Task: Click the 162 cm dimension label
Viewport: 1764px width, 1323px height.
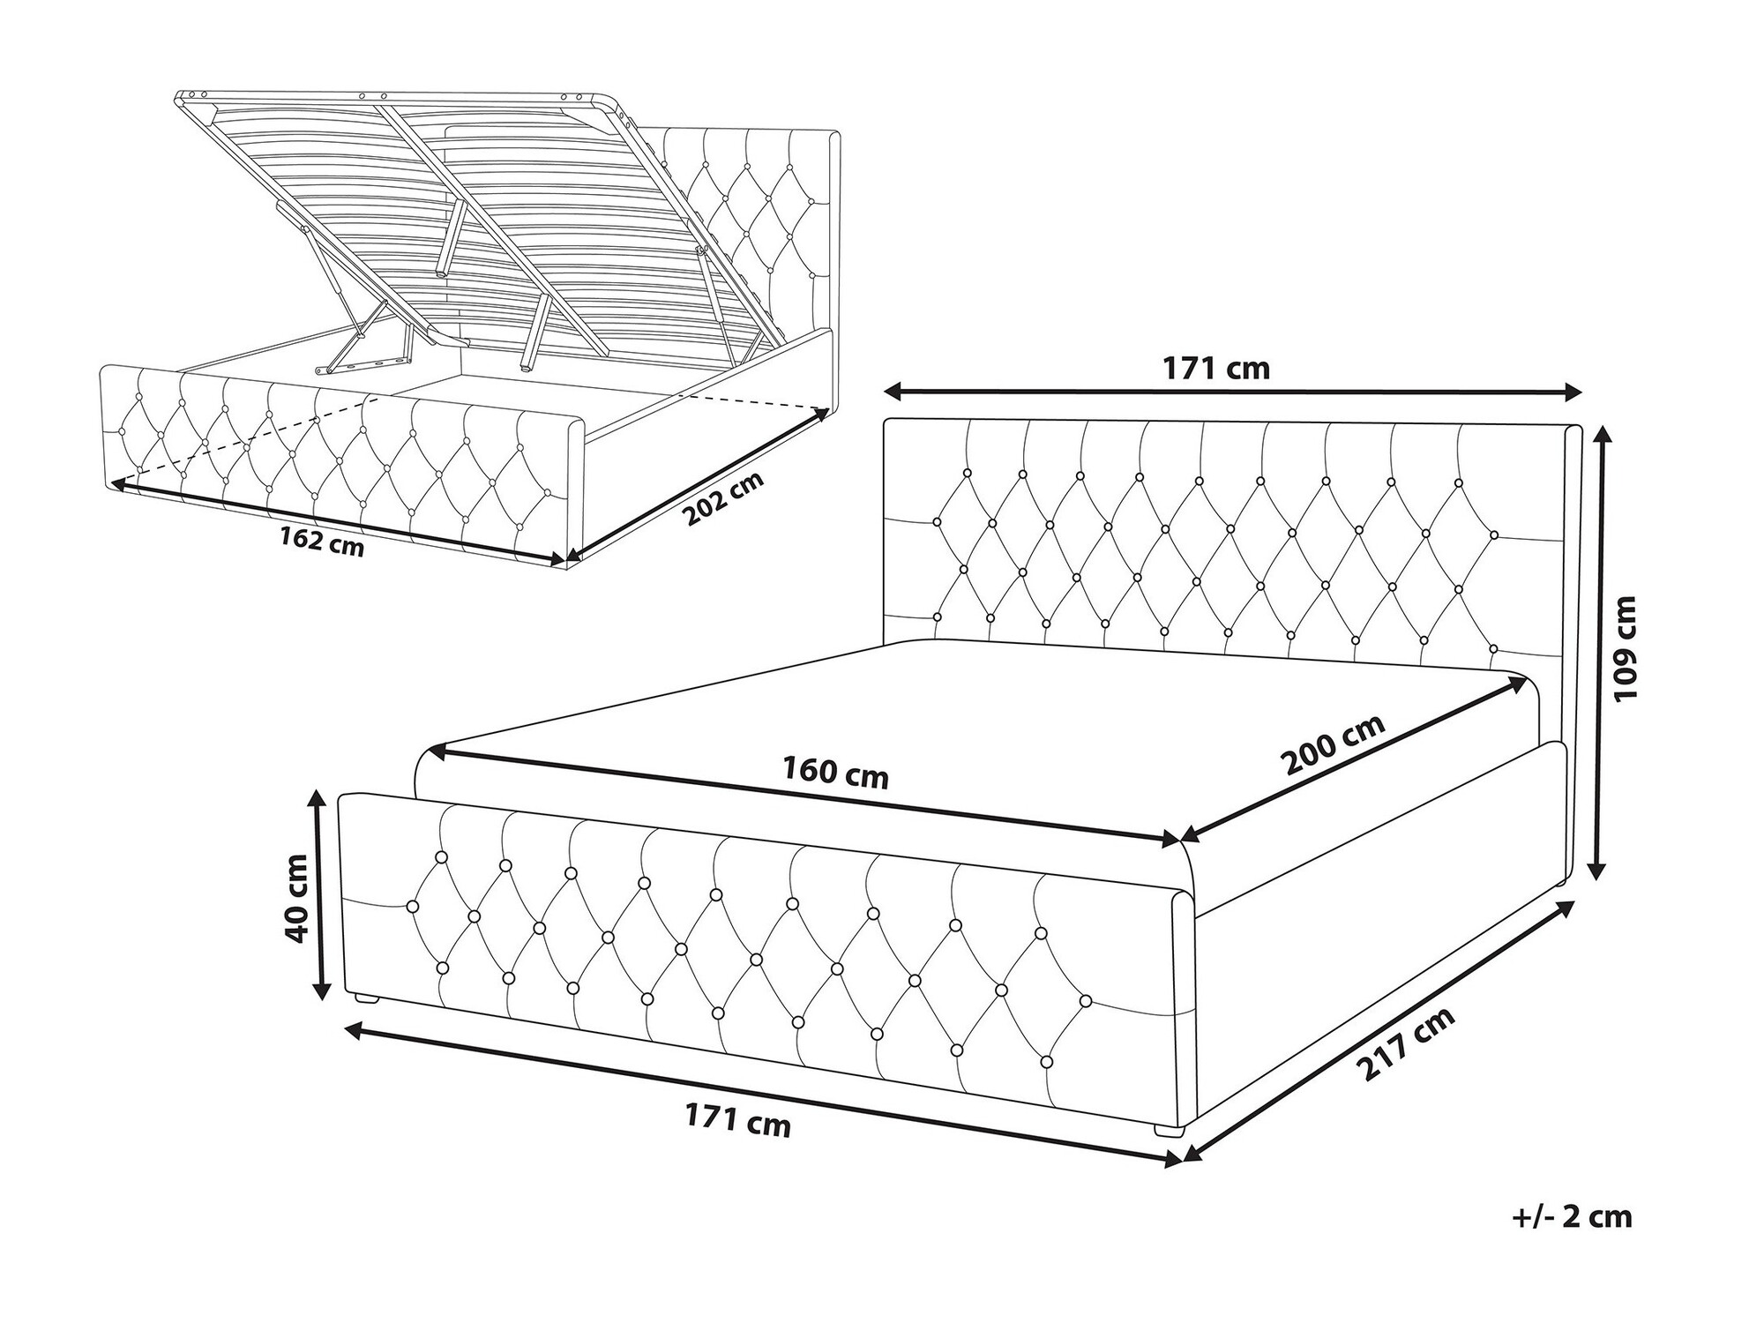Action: click(x=321, y=540)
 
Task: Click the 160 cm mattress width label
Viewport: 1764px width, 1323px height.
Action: click(x=835, y=774)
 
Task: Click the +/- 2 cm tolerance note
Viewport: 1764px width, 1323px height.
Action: click(x=1573, y=1217)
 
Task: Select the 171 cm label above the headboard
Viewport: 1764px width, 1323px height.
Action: click(x=1216, y=369)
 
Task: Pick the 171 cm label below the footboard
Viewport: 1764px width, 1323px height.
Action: click(x=737, y=1121)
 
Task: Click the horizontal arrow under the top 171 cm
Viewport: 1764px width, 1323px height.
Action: click(x=1233, y=392)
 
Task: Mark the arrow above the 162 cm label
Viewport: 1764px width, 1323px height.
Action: click(x=337, y=520)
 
